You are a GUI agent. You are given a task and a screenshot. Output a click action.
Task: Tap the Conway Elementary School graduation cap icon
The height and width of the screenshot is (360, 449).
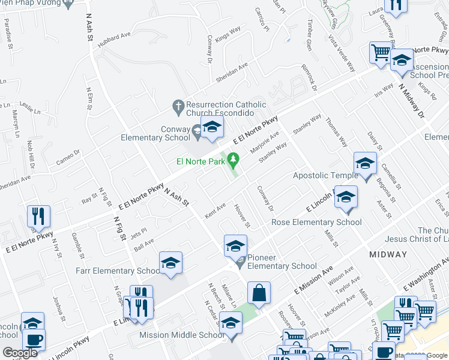click(211, 127)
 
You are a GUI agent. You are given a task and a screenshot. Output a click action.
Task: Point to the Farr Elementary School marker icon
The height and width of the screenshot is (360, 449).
click(170, 263)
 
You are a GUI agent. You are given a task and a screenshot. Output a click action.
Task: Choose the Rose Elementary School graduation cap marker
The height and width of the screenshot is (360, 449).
click(346, 197)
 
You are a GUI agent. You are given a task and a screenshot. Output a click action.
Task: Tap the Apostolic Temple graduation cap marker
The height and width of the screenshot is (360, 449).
click(365, 163)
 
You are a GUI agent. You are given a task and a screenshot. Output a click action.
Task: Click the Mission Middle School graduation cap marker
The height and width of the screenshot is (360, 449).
click(231, 323)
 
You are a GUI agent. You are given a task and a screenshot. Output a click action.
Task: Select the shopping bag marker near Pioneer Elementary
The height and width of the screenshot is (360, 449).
click(259, 293)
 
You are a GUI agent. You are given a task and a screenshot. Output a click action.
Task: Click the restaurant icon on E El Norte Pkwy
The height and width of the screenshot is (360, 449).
click(39, 217)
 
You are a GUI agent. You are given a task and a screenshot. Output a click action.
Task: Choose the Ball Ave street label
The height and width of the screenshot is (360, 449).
click(144, 244)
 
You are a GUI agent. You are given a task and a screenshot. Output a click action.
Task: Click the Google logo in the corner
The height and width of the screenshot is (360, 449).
click(20, 353)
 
